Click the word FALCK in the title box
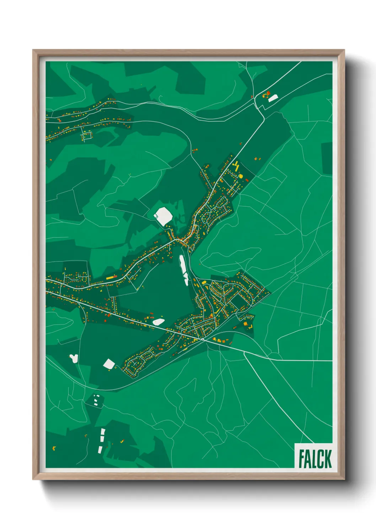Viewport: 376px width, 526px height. (315, 459)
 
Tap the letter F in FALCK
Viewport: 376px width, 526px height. (301, 459)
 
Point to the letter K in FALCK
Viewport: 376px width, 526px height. (327, 459)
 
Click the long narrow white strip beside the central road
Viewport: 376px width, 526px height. (184, 270)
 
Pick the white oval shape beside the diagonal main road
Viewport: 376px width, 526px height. (159, 322)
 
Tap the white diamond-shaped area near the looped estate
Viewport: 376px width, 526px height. (109, 364)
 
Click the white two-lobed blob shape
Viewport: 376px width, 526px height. (74, 358)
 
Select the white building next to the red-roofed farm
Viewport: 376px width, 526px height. (273, 98)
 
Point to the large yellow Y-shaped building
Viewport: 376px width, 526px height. (236, 165)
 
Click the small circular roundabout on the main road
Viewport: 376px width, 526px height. (203, 339)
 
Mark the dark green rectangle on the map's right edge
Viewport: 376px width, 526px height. (327, 158)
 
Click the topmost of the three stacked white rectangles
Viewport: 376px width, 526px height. (103, 432)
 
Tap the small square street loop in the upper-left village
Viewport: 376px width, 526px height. (87, 135)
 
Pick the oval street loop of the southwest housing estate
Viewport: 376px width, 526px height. (134, 366)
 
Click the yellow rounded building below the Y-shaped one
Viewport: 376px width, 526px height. (241, 176)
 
